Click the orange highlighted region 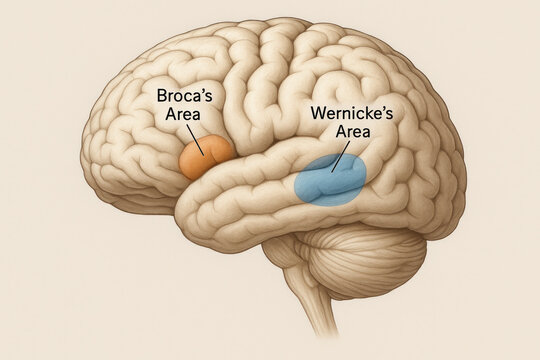[205, 158]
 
